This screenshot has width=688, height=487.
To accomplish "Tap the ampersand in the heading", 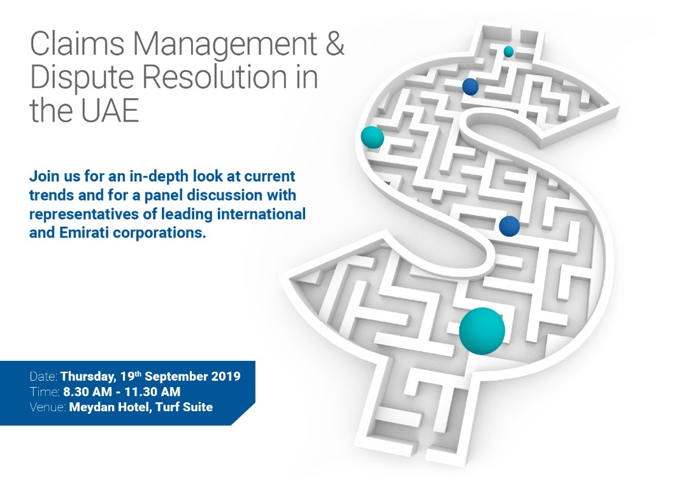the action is coord(335,44).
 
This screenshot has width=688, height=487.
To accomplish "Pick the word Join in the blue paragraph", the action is coord(44,176).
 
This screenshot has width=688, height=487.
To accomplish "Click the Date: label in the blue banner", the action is coord(43,376).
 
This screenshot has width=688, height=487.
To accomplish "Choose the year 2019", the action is coord(226,376).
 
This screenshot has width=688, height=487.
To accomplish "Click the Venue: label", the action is coord(48,407).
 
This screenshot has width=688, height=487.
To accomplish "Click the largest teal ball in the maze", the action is coord(482,330).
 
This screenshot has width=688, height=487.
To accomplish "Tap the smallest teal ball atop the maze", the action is coord(508,52).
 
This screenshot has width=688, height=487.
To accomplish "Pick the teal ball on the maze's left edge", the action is coord(372,138).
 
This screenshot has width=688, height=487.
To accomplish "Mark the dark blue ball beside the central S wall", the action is coord(509,226).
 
